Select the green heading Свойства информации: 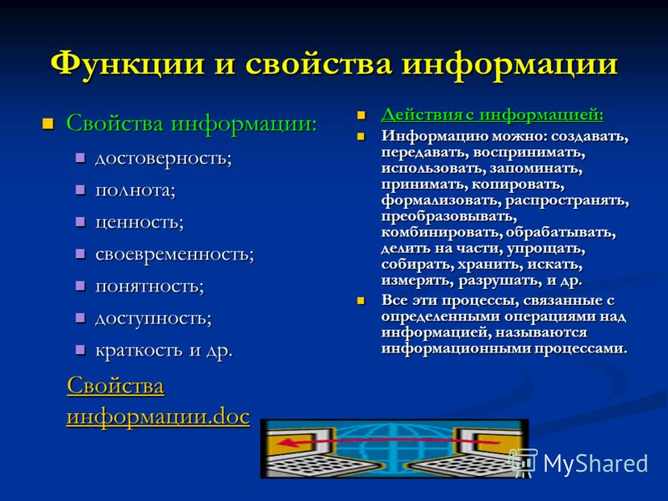pyautogui.click(x=192, y=124)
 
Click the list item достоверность pyautogui.click(x=164, y=159)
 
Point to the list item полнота pyautogui.click(x=135, y=190)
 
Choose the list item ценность pyautogui.click(x=139, y=222)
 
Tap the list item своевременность pyautogui.click(x=175, y=255)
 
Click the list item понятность pyautogui.click(x=149, y=286)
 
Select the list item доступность pyautogui.click(x=153, y=318)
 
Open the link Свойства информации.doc pyautogui.click(x=158, y=401)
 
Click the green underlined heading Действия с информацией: pyautogui.click(x=493, y=115)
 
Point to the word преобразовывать pyautogui.click(x=449, y=217)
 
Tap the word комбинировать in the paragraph pyautogui.click(x=441, y=233)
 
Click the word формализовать pyautogui.click(x=441, y=200)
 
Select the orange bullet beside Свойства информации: pyautogui.click(x=48, y=124)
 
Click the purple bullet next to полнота pyautogui.click(x=80, y=190)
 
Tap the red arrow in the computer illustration pyautogui.click(x=387, y=442)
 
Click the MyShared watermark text pyautogui.click(x=595, y=463)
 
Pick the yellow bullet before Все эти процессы pyautogui.click(x=361, y=301)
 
